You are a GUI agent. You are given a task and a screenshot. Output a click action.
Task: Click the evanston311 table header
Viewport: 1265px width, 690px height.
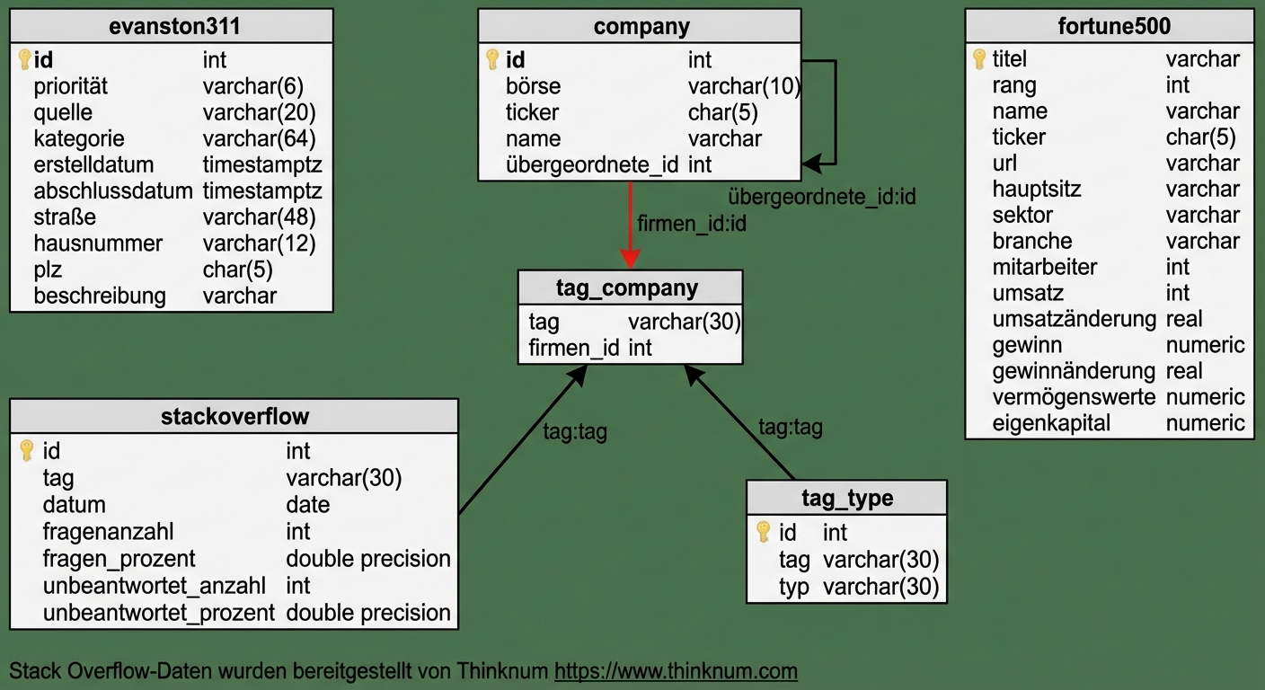tap(171, 26)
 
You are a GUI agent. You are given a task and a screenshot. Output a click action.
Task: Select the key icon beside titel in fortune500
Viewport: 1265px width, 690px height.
tap(979, 59)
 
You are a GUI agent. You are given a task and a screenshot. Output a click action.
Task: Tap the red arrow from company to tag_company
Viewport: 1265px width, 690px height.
tap(631, 225)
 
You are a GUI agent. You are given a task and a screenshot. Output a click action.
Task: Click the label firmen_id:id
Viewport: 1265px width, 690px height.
tap(691, 223)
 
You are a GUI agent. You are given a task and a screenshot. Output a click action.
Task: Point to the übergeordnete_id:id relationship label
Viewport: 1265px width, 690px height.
tap(821, 196)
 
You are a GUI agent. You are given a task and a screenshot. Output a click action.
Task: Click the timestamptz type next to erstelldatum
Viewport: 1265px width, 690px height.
tap(261, 165)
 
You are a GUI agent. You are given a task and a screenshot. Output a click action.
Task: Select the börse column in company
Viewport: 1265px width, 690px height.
tap(533, 86)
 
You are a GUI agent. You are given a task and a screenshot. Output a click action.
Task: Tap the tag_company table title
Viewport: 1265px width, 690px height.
tap(630, 287)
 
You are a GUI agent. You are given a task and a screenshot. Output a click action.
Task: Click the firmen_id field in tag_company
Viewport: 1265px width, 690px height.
tap(573, 348)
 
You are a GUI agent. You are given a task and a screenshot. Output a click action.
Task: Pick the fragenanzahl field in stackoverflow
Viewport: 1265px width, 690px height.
tap(108, 531)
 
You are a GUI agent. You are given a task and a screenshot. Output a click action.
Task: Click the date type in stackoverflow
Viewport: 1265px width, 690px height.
tap(307, 505)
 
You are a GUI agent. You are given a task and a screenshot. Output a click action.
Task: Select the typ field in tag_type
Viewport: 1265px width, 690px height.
tap(793, 587)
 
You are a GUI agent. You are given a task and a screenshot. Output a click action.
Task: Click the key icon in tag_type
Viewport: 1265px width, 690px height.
tap(764, 532)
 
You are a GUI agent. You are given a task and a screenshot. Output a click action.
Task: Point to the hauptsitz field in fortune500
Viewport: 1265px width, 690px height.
tap(1036, 189)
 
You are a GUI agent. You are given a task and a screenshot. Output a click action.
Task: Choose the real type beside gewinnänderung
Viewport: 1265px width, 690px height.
tap(1183, 371)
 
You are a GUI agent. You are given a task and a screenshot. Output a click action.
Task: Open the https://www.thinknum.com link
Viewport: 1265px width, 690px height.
tap(676, 671)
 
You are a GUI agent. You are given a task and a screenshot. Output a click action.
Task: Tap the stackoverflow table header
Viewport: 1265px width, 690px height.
tap(234, 416)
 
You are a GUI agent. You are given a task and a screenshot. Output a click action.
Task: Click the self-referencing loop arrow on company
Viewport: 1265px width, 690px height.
tap(836, 112)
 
